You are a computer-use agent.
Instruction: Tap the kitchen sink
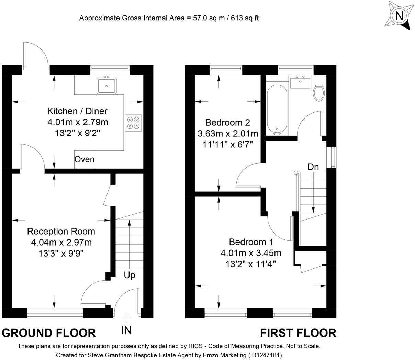point(107,86)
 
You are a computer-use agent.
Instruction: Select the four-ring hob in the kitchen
point(133,123)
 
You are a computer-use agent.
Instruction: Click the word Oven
point(84,159)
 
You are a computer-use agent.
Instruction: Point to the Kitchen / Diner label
point(77,111)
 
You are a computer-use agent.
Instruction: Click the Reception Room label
point(61,231)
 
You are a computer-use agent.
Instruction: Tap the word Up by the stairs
point(130,275)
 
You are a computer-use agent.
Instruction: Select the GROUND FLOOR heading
point(49,333)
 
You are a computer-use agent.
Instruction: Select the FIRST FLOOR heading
point(298,333)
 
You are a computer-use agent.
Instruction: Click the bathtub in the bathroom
point(277,108)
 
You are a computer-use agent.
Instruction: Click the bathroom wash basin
point(300,83)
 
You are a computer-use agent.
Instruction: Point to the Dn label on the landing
point(313,167)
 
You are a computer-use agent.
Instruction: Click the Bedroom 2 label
point(227,122)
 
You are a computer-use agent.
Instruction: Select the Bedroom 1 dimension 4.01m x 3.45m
point(251,253)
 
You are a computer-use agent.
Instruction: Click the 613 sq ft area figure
point(240,18)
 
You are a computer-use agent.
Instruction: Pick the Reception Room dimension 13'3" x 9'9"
point(61,254)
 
